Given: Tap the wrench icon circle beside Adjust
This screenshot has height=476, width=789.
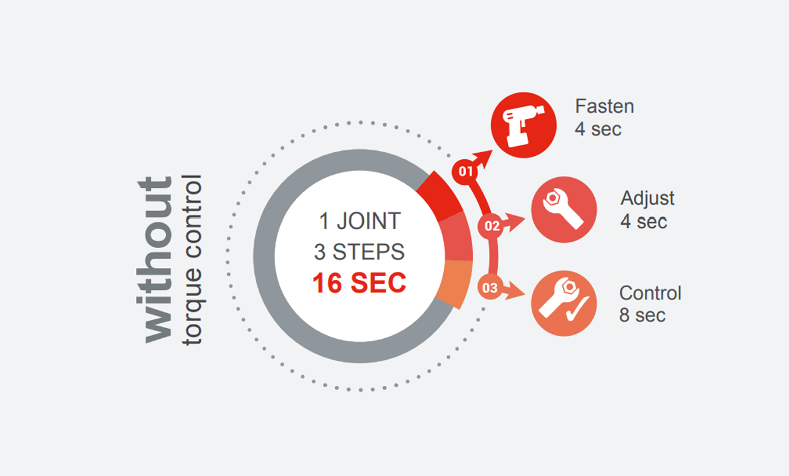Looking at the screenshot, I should [x=564, y=209].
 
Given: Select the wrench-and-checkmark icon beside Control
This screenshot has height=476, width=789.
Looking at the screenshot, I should [x=564, y=303].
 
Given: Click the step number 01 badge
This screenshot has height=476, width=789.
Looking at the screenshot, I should [x=465, y=171].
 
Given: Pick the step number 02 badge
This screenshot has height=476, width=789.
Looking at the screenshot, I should [x=492, y=226].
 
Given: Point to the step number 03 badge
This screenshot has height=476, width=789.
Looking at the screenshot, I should [x=490, y=288].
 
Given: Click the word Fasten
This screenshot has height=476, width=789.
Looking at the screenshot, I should [x=604, y=106].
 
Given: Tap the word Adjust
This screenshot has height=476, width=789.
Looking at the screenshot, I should [x=647, y=198].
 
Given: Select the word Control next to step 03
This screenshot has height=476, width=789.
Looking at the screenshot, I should [x=650, y=293].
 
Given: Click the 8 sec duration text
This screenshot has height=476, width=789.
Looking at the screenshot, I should [x=642, y=315].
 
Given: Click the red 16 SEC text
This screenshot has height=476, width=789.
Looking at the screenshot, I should [x=359, y=283].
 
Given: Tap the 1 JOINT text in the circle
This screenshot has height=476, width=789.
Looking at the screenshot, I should [x=359, y=220].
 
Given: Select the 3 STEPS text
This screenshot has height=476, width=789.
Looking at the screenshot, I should [x=359, y=252].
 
